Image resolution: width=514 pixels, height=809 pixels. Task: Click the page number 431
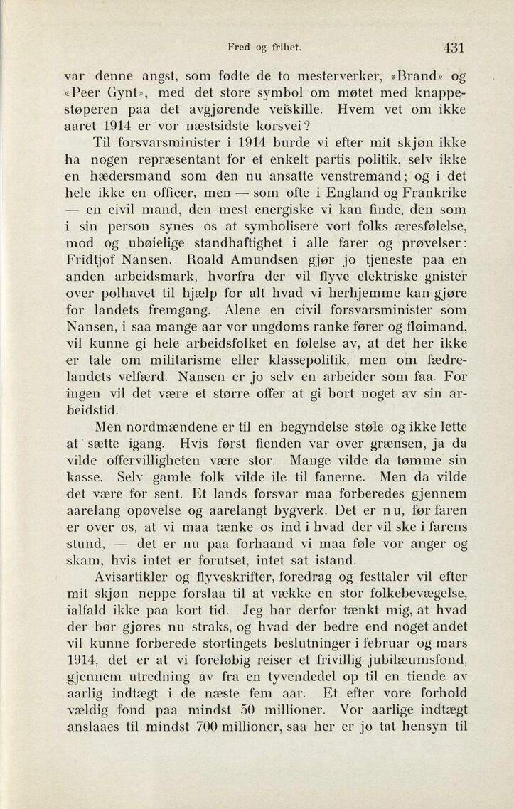(x=452, y=48)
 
